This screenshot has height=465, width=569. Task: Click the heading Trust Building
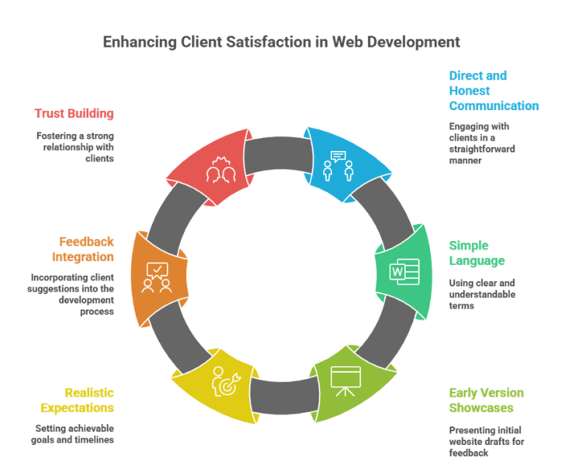pos(74,113)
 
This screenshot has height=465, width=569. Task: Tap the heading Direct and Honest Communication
pos(494,91)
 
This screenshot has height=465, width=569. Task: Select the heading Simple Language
pos(477,253)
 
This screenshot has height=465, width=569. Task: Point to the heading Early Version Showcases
pos(487,399)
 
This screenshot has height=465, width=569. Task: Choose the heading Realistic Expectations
pos(78,399)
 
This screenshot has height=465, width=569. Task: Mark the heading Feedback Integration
pos(86,248)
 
